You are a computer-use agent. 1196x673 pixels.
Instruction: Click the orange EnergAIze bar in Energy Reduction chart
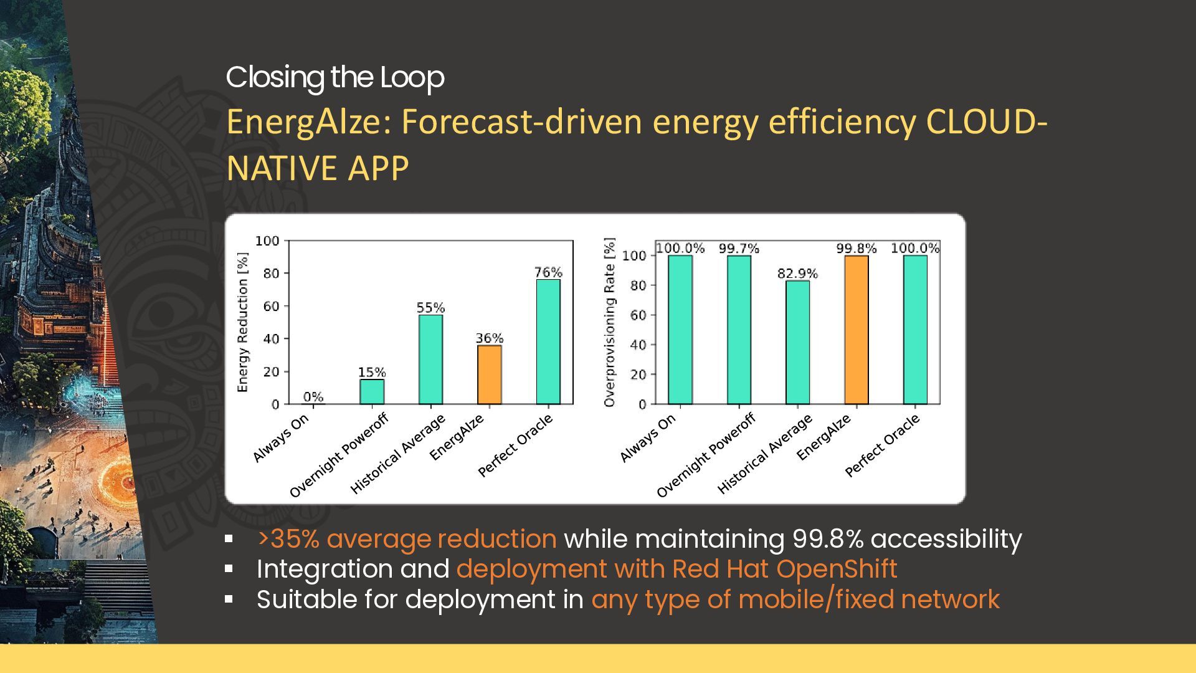tap(490, 375)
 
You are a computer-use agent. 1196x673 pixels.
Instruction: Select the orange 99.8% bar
tap(857, 330)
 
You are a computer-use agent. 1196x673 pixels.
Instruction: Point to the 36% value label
tap(490, 338)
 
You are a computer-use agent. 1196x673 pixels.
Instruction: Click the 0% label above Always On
tap(313, 397)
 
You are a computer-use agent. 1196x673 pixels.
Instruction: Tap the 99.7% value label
tap(739, 249)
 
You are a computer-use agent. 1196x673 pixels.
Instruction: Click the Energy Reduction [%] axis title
tap(243, 322)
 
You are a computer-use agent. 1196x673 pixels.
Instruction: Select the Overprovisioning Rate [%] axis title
tap(609, 322)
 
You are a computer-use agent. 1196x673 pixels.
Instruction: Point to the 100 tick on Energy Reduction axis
tap(267, 241)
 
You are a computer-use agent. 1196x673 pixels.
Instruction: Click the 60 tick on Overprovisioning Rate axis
tap(638, 315)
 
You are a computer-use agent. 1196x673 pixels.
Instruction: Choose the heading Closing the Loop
tap(335, 77)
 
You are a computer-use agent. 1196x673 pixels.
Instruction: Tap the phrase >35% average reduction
tap(407, 539)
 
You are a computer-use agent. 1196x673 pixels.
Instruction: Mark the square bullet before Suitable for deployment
tap(229, 599)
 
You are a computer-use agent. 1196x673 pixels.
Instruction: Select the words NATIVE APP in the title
tap(318, 168)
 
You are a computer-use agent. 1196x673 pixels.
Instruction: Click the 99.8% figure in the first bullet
tap(828, 539)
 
